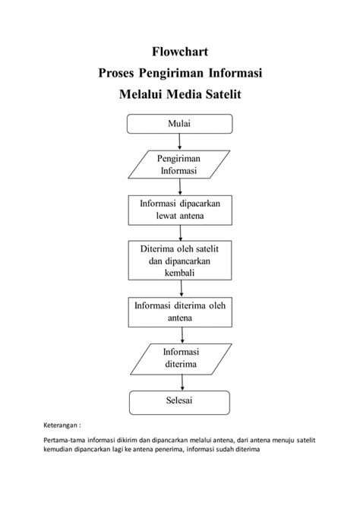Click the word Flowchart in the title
pos(179,52)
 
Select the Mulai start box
pos(179,123)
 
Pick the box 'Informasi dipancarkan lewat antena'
pos(179,210)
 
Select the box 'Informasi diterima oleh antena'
pos(179,311)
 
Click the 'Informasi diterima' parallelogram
pos(179,358)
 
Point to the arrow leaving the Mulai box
pos(179,141)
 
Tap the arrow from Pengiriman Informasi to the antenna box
pos(179,187)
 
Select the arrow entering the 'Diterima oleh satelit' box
pos(179,233)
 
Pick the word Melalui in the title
pos(144,95)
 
